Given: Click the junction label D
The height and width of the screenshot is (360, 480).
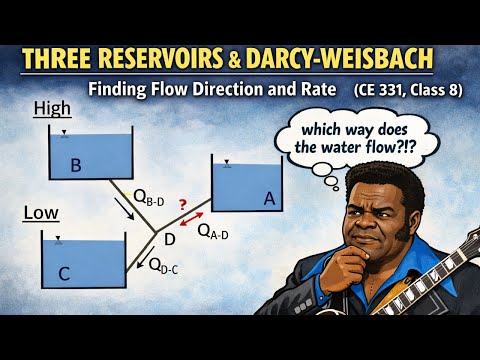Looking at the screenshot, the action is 170,240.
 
